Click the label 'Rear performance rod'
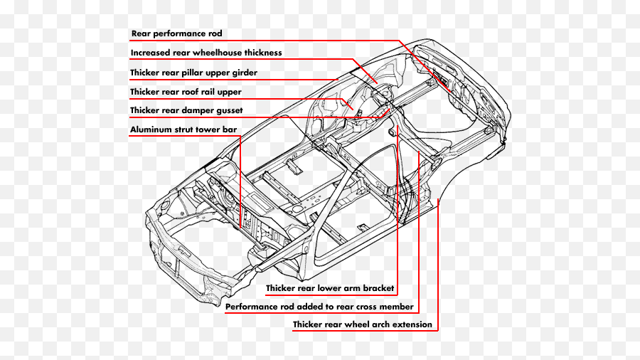[177, 33]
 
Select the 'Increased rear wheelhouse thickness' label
[206, 53]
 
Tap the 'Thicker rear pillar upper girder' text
[193, 73]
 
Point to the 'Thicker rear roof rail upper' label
[186, 92]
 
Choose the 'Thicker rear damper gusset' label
[186, 111]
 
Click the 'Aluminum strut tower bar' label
[183, 130]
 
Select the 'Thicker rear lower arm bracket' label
[330, 289]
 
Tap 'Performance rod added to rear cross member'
[319, 307]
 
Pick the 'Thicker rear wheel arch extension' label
[363, 325]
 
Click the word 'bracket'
[378, 289]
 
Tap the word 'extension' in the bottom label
[411, 325]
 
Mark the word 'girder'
[243, 73]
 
